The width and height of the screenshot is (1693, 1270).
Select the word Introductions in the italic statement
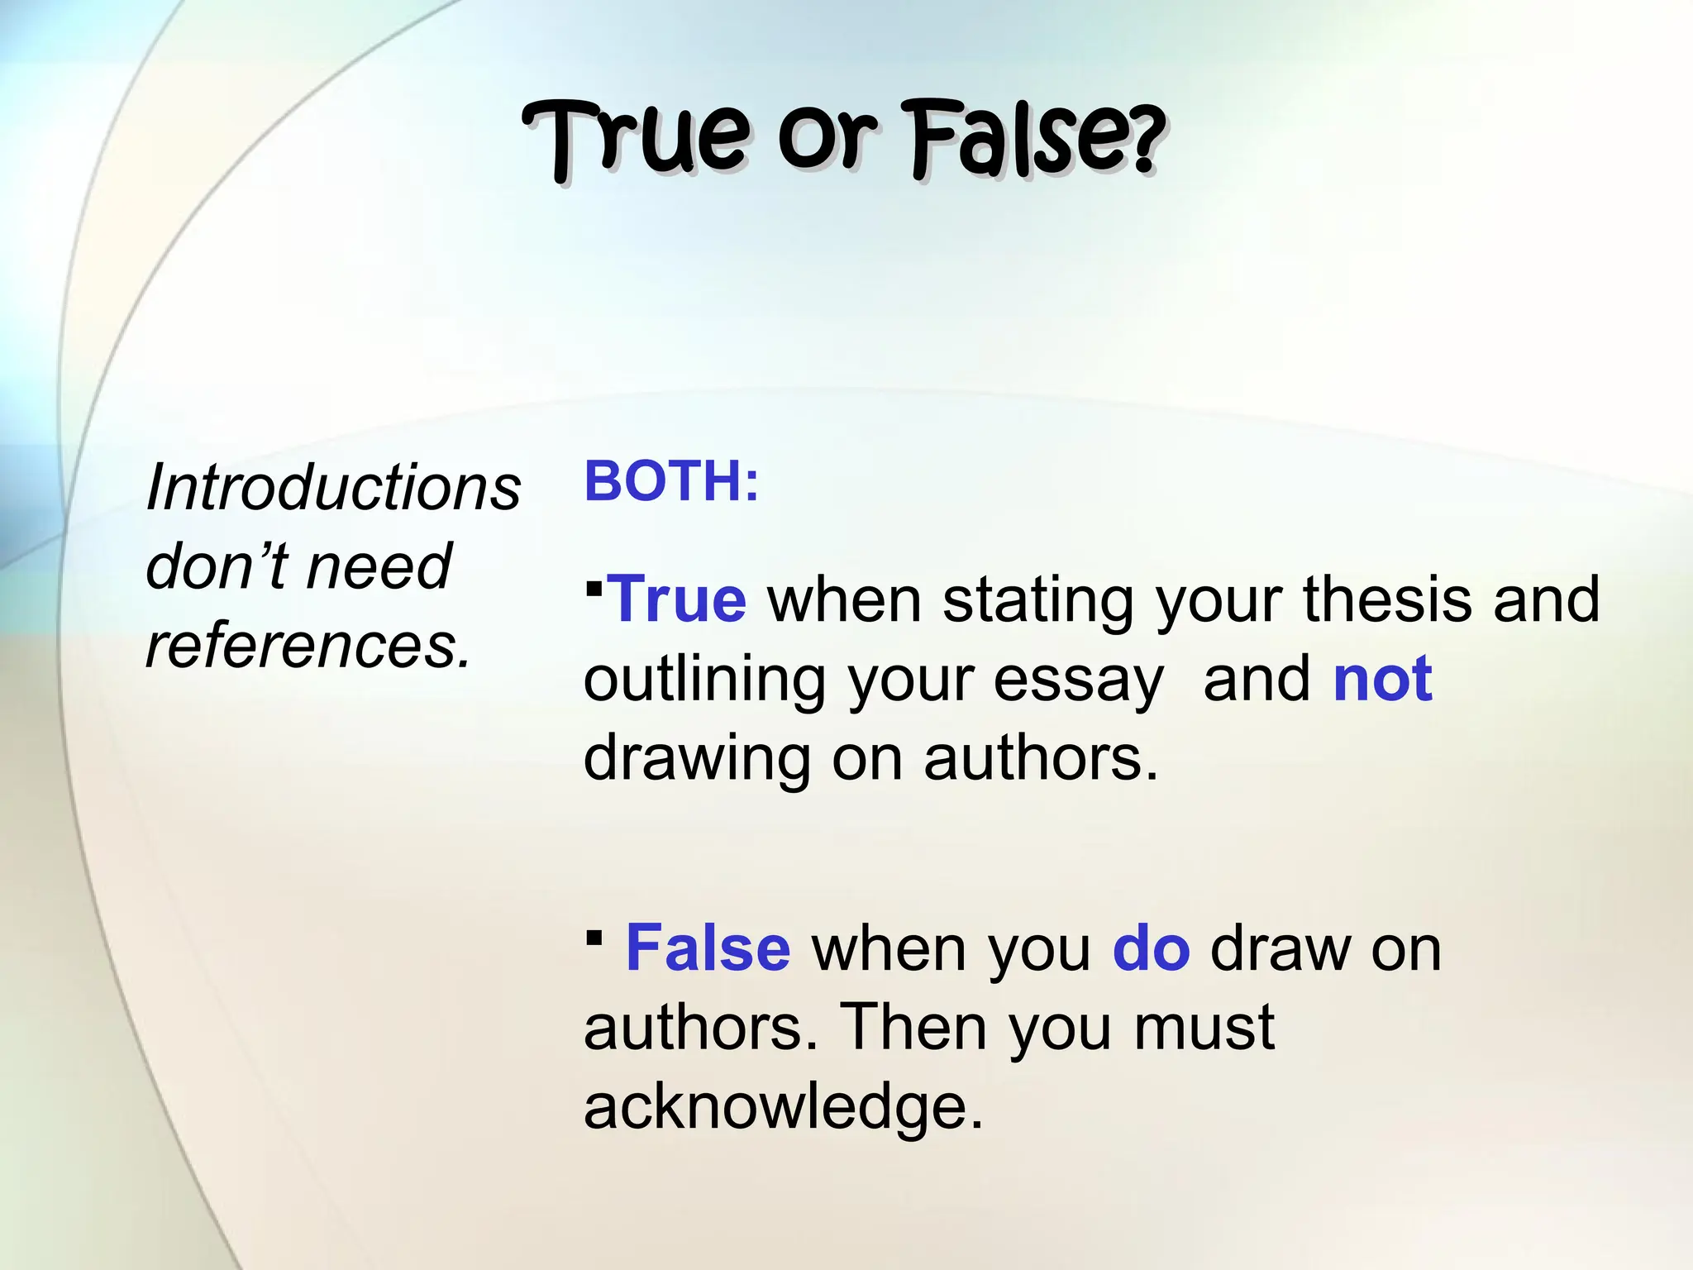click(333, 488)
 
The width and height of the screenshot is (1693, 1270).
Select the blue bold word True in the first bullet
click(677, 599)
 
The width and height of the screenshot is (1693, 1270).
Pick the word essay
click(1078, 679)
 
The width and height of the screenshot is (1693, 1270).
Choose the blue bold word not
click(1383, 679)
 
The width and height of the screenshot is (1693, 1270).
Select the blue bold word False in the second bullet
click(708, 948)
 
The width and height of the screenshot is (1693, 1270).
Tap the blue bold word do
click(1151, 948)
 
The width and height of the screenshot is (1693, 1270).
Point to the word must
click(1204, 1028)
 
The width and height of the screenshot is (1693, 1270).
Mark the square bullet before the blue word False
click(594, 938)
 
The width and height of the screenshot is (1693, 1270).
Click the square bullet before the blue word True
click(594, 589)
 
